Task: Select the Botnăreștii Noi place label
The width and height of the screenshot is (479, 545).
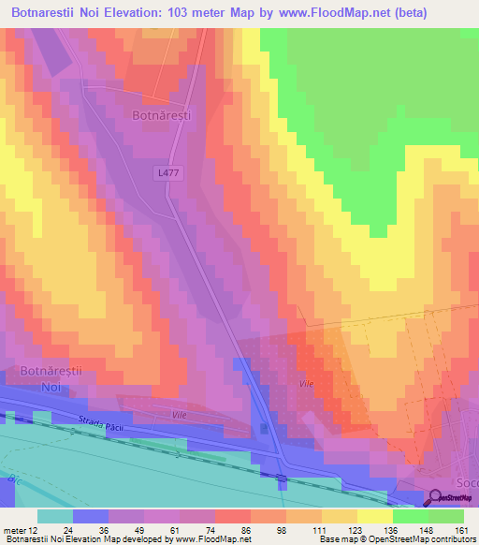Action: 52,378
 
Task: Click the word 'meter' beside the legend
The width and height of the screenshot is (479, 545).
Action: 13,530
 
